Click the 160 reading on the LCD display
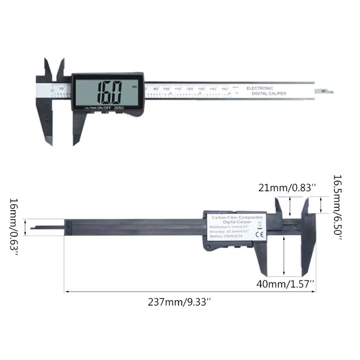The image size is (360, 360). click(110, 91)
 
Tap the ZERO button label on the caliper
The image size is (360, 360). click(119, 108)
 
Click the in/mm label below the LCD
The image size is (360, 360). click(90, 108)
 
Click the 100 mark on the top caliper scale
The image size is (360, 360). click(166, 89)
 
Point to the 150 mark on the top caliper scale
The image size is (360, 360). click(224, 89)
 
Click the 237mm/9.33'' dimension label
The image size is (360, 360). click(180, 303)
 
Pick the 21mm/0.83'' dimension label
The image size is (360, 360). click(285, 188)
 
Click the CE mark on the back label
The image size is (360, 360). click(259, 234)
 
